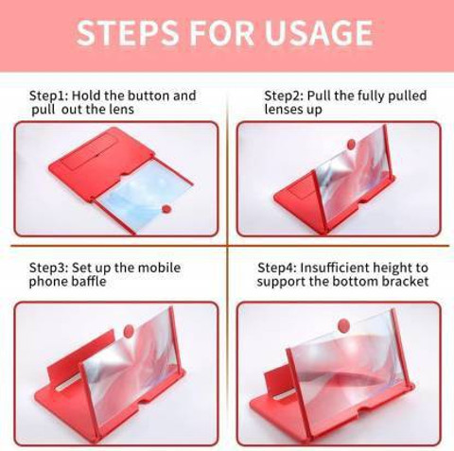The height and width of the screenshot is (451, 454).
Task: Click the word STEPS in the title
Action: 127,33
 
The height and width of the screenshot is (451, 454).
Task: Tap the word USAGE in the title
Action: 319,33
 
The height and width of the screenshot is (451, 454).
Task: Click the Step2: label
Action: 284,95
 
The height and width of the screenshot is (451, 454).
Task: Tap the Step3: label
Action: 48,268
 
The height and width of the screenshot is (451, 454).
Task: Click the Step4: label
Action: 277,268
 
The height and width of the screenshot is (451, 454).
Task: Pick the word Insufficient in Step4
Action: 335,268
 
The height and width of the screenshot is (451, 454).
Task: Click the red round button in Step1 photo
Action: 166,209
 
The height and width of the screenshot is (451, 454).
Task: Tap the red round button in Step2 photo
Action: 351,145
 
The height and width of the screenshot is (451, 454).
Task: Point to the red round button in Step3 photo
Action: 129,331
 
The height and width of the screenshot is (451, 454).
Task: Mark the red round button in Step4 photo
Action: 343,325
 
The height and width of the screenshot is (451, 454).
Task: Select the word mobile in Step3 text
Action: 159,268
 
